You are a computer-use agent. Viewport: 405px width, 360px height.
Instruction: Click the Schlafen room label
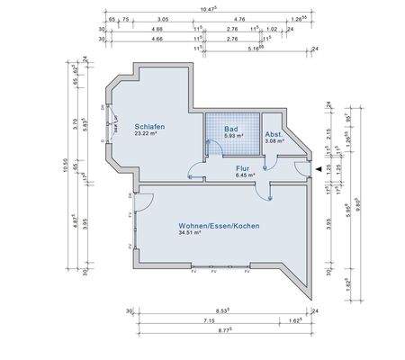coord(149,127)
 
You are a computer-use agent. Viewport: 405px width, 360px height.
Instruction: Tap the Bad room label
coord(231,129)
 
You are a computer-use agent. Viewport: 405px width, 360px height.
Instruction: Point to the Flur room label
coord(242,168)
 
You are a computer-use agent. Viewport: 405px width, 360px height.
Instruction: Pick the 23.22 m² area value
coord(148,135)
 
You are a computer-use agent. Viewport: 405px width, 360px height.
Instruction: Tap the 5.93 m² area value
coord(231,137)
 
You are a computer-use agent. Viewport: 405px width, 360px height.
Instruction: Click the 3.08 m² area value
coord(274,140)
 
